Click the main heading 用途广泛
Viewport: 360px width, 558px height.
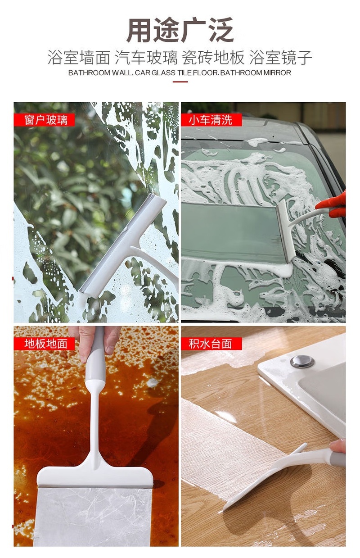tap(180, 30)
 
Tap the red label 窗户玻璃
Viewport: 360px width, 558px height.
tap(44, 120)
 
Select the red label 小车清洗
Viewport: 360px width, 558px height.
tap(211, 120)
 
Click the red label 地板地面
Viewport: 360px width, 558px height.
tap(44, 344)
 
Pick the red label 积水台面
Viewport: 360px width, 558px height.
tap(211, 344)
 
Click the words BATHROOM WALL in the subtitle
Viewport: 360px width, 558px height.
tap(100, 73)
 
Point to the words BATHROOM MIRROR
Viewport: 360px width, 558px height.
tap(256, 73)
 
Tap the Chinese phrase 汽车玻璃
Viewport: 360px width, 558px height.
tap(146, 57)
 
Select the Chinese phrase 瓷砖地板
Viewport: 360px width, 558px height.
tap(213, 57)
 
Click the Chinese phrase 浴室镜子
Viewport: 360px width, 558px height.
tap(281, 57)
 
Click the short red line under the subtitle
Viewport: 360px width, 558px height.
tap(180, 82)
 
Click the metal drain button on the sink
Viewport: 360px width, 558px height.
tap(302, 362)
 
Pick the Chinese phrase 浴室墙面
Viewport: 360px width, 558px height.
tap(79, 57)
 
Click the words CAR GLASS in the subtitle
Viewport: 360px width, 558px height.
tap(155, 73)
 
